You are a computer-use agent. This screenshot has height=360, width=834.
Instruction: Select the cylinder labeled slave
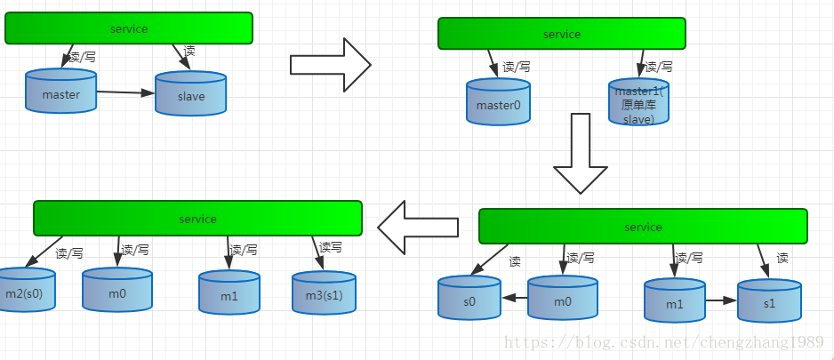point(190,94)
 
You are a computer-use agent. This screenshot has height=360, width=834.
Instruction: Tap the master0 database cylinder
point(498,103)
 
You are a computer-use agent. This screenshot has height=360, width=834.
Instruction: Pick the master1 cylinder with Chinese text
point(639,105)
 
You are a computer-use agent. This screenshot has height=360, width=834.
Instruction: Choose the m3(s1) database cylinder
point(324,292)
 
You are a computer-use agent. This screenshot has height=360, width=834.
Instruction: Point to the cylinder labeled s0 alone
point(469,300)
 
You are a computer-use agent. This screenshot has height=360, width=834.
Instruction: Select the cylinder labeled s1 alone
point(769,301)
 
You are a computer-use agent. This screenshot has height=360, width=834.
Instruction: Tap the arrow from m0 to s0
point(514,299)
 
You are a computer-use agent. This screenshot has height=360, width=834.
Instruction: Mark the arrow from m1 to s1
point(721,300)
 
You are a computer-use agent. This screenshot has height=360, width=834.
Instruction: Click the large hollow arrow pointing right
point(330,64)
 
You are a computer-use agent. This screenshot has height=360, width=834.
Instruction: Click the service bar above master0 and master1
point(561,34)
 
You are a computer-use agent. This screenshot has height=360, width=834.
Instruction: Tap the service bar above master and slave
point(129,28)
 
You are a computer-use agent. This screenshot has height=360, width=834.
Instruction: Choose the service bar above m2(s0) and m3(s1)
point(197,219)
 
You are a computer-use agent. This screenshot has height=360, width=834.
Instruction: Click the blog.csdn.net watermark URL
point(667,343)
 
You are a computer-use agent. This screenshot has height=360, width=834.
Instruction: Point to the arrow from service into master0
point(493,63)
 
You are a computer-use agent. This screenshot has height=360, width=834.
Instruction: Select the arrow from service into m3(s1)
point(317,252)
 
